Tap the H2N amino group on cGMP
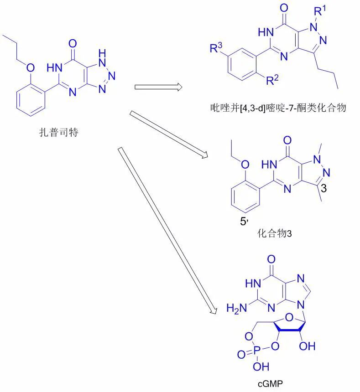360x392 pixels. point(237,308)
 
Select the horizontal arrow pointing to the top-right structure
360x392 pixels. point(158,87)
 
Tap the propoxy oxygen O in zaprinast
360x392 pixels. point(30,68)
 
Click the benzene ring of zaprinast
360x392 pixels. point(31,101)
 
